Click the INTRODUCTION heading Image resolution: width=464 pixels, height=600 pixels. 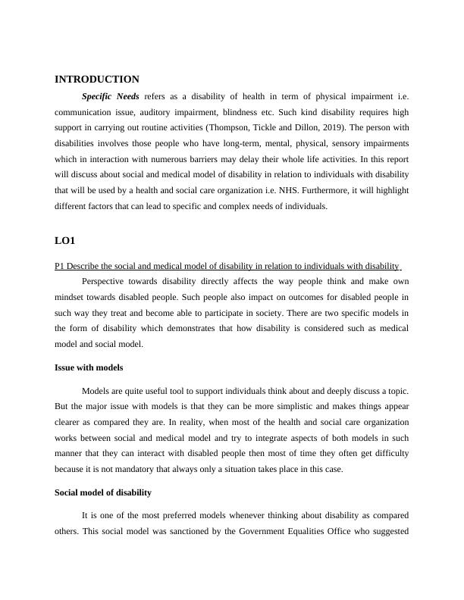[97, 79]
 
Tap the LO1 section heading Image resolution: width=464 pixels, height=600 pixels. [65, 240]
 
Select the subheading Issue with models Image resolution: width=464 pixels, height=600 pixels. [89, 367]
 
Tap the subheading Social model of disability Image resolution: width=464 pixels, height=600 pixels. [103, 492]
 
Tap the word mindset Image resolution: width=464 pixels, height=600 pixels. [71, 296]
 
